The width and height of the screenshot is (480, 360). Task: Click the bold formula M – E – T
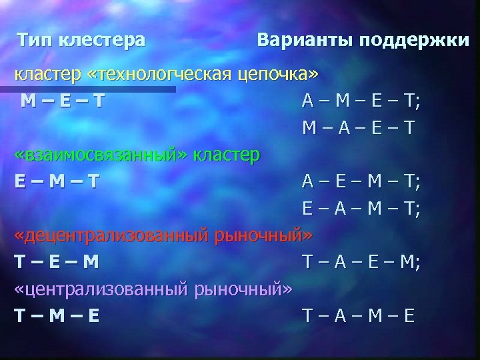pyautogui.click(x=61, y=101)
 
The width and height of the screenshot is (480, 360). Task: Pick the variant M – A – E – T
pyautogui.click(x=357, y=127)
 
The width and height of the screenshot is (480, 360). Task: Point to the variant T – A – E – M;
pyautogui.click(x=361, y=262)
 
